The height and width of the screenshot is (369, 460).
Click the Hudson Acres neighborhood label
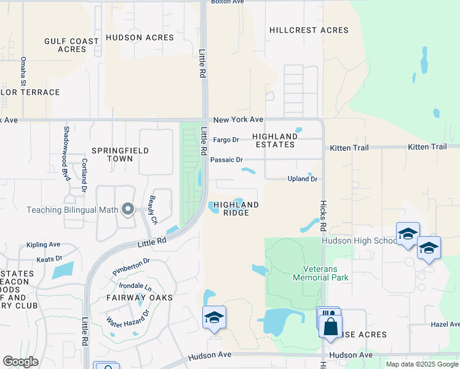140,38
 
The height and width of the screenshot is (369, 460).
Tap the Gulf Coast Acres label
71,45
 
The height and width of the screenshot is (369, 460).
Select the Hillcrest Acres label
309,30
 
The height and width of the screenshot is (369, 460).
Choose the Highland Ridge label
236,208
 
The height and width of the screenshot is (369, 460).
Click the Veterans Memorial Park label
326,273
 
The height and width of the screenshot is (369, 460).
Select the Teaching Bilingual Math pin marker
128,210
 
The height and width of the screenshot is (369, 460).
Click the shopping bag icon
330,326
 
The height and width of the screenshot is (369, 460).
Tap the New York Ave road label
238,119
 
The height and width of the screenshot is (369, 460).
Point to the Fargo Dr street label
226,140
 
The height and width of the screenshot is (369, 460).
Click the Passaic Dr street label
226,159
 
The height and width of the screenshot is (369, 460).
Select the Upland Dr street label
303,179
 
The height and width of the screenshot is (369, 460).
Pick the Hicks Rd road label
322,215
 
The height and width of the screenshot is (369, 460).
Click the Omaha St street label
23,71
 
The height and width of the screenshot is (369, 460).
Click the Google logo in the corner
20,361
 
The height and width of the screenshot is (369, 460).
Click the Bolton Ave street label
228,2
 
